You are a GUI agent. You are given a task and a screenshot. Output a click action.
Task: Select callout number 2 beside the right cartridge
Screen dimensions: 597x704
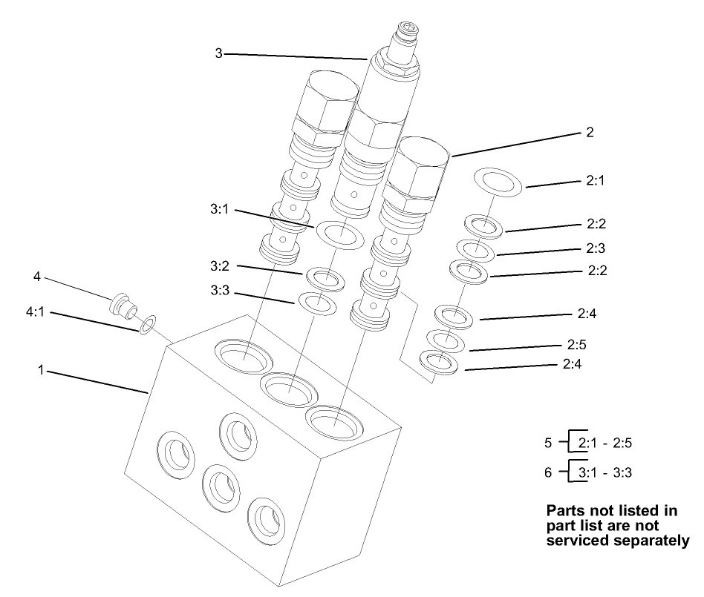(x=590, y=133)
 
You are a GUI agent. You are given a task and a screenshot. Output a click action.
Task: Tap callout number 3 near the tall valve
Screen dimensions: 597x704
(x=219, y=53)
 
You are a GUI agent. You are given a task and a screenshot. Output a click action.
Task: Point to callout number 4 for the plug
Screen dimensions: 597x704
(x=36, y=277)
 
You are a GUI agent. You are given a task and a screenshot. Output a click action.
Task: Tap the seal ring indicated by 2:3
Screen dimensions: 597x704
(x=475, y=251)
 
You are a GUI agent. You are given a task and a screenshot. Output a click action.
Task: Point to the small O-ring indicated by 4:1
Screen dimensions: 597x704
(x=147, y=323)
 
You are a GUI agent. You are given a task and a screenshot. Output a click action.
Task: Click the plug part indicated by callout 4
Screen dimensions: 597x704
(x=122, y=305)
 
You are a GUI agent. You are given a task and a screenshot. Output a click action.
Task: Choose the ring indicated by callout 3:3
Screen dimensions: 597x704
(x=317, y=303)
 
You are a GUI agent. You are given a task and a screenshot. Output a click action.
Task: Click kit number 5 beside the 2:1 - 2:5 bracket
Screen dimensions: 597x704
(x=548, y=443)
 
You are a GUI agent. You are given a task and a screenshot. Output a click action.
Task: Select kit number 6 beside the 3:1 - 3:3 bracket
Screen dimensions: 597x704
(x=548, y=472)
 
